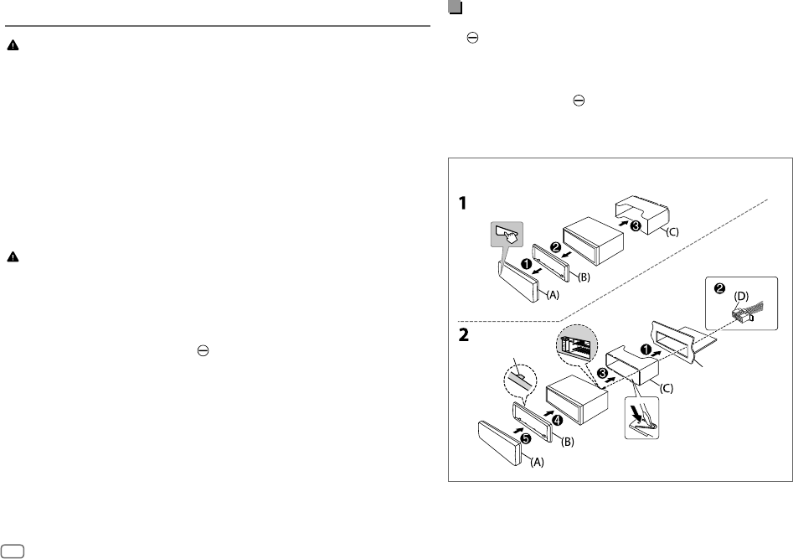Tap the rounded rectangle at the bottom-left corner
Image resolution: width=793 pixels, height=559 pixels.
(13, 550)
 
